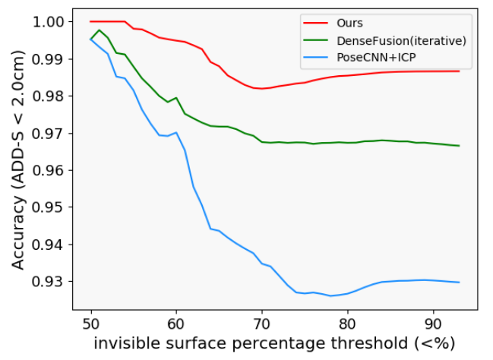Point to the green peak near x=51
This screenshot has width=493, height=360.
coord(100,30)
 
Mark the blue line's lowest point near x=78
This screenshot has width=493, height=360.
coord(330,295)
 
